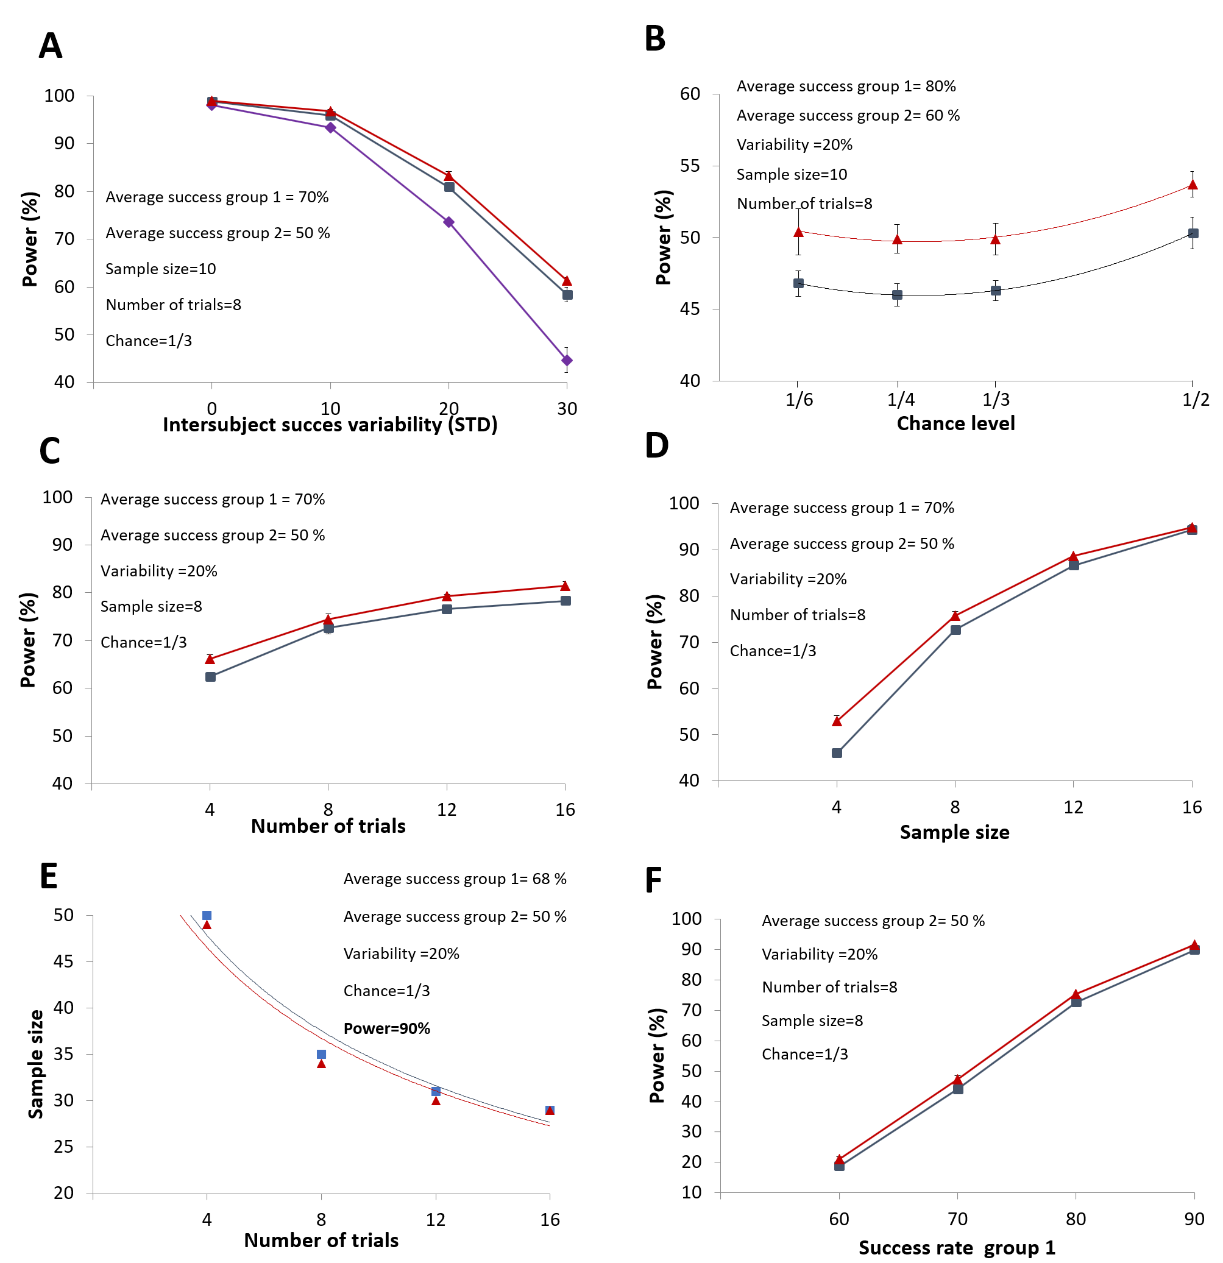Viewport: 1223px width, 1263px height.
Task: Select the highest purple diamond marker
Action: tap(212, 105)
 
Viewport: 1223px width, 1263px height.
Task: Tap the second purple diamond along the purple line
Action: tap(330, 127)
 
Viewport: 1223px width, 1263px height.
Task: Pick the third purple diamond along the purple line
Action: tap(449, 222)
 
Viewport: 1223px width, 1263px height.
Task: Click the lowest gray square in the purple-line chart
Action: tap(568, 294)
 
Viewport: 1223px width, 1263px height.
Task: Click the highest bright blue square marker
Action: tap(207, 916)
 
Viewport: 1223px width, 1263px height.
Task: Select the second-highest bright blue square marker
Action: tap(322, 1054)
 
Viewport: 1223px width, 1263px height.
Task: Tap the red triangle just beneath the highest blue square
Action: tap(207, 925)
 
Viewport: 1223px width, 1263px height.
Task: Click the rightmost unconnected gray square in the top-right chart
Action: tap(1193, 233)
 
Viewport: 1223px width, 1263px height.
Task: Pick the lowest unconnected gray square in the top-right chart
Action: tap(897, 294)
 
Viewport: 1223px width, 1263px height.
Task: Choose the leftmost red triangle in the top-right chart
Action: tap(798, 232)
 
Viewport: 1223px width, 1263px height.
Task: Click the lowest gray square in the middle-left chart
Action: tap(211, 677)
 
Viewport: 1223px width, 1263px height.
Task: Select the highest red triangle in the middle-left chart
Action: tap(565, 586)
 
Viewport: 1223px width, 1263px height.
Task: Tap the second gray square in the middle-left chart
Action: tap(328, 628)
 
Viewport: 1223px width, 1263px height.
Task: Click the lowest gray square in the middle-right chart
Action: tap(837, 752)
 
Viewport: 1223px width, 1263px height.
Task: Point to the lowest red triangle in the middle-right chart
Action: tap(837, 722)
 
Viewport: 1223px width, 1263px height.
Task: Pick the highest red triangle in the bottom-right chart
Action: tap(1194, 945)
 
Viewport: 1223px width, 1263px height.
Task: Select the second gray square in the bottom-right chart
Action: tap(958, 1089)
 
